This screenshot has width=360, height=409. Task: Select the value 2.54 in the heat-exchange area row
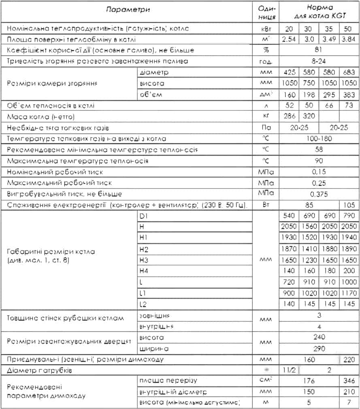(x=289, y=40)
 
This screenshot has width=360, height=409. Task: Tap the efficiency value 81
(x=318, y=50)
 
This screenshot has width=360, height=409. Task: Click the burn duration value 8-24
(x=318, y=61)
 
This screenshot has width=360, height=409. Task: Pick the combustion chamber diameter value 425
(x=289, y=72)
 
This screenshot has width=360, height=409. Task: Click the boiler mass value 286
(x=289, y=117)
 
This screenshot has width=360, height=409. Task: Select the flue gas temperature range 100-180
(x=318, y=139)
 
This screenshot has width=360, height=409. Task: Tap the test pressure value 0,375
(x=318, y=194)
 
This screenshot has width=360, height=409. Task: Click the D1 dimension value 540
(x=289, y=216)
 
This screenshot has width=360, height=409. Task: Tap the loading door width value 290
(x=318, y=348)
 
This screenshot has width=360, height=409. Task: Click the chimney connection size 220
(x=348, y=359)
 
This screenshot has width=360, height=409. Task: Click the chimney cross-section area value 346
(x=348, y=381)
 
